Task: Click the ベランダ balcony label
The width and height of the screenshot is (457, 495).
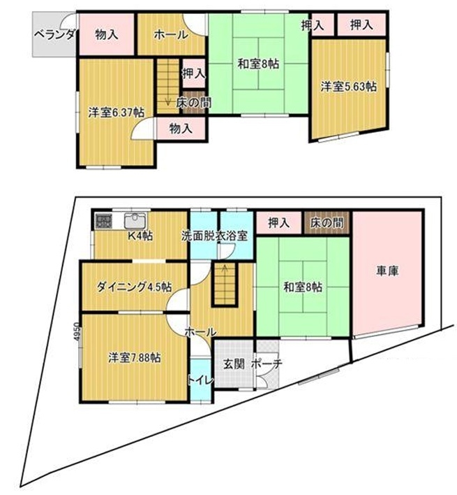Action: pyautogui.click(x=54, y=34)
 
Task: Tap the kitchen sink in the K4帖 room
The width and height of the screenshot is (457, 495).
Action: pyautogui.click(x=135, y=220)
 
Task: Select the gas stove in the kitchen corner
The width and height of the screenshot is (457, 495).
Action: pyautogui.click(x=103, y=221)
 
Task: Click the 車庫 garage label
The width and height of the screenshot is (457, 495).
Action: pyautogui.click(x=387, y=271)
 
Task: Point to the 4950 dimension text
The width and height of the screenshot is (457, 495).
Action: pyautogui.click(x=77, y=331)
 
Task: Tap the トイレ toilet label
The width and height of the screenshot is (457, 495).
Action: pyautogui.click(x=201, y=380)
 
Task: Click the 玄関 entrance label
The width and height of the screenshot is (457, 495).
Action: pyautogui.click(x=234, y=364)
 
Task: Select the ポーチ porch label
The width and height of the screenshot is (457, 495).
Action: pyautogui.click(x=267, y=364)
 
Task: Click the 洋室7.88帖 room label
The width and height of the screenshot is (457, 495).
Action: pyautogui.click(x=135, y=358)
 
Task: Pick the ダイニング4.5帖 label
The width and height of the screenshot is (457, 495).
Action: pyautogui.click(x=134, y=287)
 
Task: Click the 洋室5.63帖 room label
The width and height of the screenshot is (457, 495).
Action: pyautogui.click(x=348, y=86)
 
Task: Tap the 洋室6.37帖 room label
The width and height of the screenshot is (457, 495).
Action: pyautogui.click(x=117, y=113)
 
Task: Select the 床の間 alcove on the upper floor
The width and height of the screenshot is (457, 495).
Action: pyautogui.click(x=194, y=103)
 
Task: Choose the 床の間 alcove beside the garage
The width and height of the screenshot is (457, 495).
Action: pyautogui.click(x=327, y=223)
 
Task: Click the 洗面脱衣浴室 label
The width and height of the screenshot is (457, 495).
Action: pyautogui.click(x=214, y=236)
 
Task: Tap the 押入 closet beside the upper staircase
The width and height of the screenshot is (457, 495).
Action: pyautogui.click(x=194, y=73)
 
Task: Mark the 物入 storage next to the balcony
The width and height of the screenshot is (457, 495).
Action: pyautogui.click(x=107, y=34)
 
